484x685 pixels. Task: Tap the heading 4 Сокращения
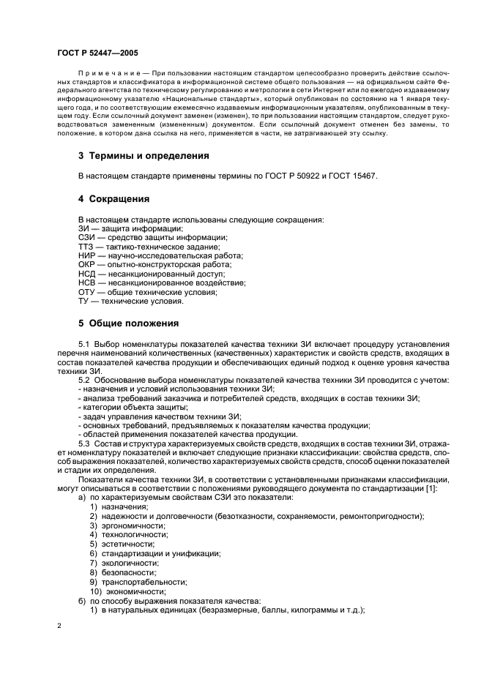[113, 198]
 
